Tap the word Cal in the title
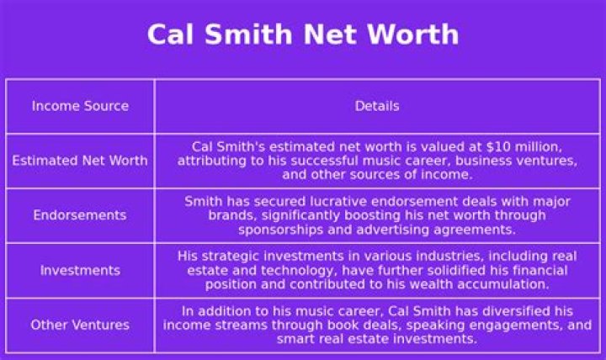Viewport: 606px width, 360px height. tap(170, 34)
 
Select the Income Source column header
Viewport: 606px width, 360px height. tap(81, 106)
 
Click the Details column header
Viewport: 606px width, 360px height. tap(377, 106)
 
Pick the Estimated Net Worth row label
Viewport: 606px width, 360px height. tap(80, 161)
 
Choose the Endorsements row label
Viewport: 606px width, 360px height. tap(80, 215)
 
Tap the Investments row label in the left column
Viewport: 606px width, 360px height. tap(81, 270)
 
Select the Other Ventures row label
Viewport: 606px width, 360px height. tap(80, 325)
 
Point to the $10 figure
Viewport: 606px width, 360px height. tap(498, 147)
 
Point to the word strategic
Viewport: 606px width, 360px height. tap(231, 257)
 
